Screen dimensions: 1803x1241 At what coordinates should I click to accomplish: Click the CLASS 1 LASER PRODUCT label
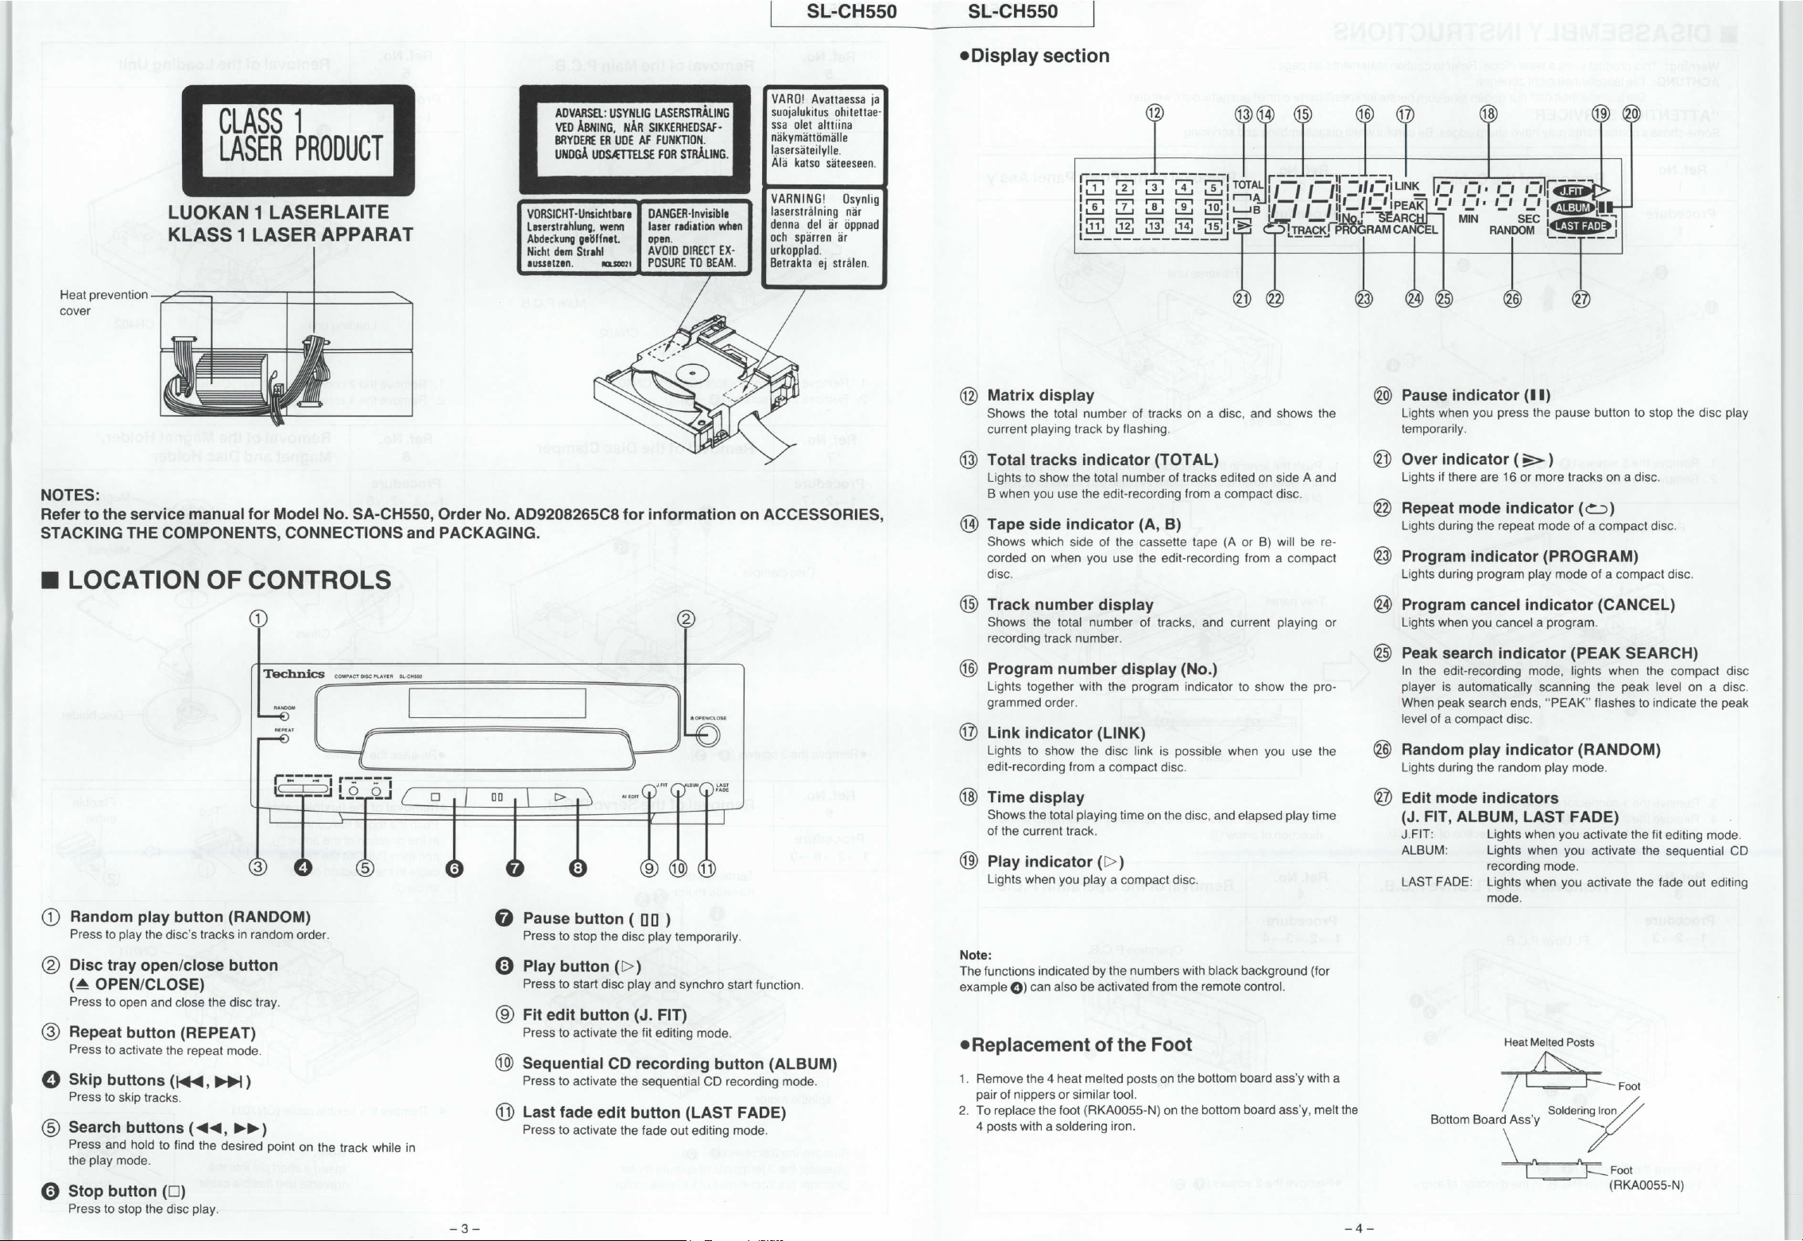(298, 140)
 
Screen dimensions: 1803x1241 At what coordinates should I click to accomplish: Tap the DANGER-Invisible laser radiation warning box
(695, 238)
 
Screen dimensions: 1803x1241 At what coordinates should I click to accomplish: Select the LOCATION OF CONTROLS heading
(229, 580)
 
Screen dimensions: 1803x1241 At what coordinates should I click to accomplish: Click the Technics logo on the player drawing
(294, 674)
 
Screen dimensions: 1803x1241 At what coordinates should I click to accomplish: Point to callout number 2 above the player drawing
(687, 619)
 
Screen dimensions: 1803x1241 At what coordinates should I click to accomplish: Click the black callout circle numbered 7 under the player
(516, 868)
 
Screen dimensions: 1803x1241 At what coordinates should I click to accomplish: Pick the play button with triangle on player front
(559, 797)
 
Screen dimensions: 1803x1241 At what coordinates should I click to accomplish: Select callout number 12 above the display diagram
(1154, 113)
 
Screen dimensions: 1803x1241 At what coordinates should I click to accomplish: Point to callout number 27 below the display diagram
(1581, 299)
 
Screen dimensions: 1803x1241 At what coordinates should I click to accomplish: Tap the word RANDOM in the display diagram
(1511, 231)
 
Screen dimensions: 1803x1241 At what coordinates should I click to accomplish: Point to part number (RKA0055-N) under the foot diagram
(1646, 1185)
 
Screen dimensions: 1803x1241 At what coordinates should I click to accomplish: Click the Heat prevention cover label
(103, 303)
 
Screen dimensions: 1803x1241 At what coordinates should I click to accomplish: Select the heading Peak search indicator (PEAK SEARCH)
(1550, 653)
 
